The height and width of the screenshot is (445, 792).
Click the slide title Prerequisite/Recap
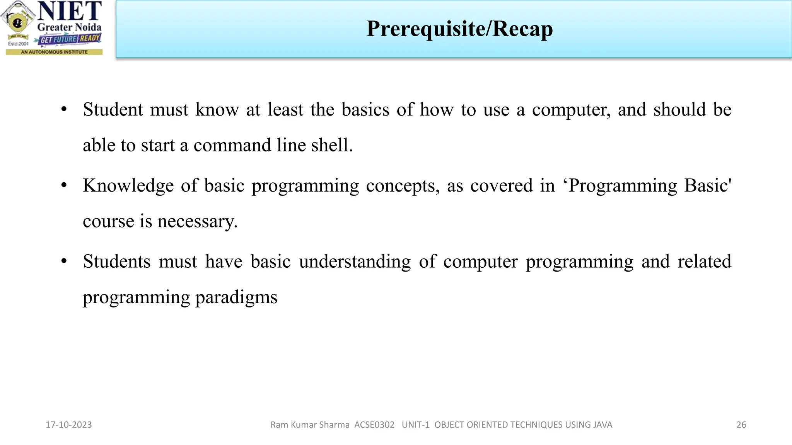[459, 29]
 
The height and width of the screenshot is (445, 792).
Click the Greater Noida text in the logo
[69, 27]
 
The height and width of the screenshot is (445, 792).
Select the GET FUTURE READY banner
[70, 39]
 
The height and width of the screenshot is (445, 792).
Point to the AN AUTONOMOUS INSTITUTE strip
[54, 52]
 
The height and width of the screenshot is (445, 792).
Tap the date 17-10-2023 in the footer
[69, 425]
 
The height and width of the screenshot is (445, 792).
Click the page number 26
[741, 425]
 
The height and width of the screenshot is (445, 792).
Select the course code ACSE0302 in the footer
[374, 425]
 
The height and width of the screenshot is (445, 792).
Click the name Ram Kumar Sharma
[310, 425]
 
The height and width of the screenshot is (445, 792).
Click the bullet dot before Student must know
[64, 109]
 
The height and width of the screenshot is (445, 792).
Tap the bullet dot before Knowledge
[64, 185]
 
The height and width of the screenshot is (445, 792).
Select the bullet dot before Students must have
[64, 262]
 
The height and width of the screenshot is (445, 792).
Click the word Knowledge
[128, 186]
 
